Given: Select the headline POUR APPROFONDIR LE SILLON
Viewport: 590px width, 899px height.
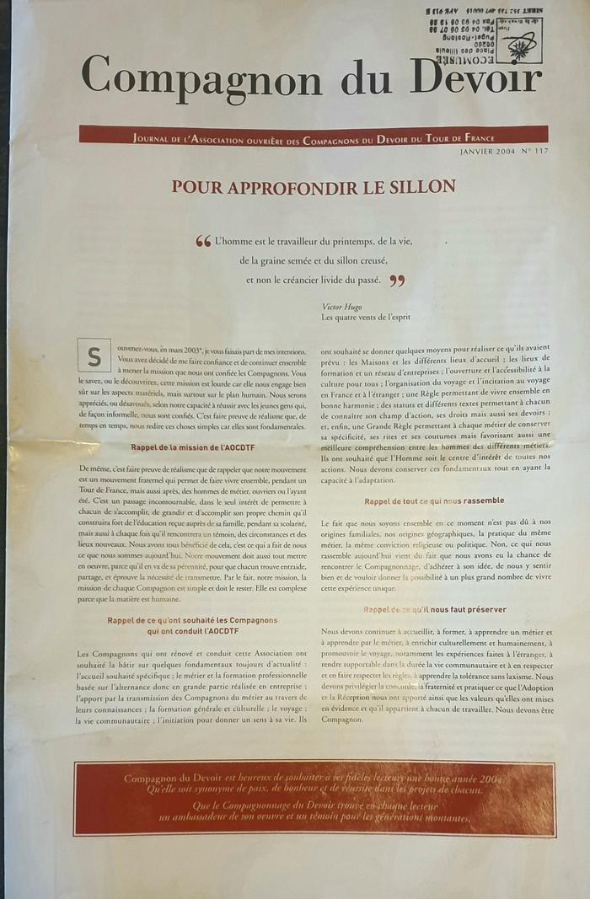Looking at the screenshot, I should (314, 186).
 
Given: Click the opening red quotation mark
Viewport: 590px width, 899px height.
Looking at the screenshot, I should (203, 242).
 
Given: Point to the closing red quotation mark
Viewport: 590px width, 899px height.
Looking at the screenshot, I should (397, 281).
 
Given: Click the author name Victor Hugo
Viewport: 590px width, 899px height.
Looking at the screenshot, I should (341, 307).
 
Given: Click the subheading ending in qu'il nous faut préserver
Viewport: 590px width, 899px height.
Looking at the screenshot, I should (434, 609).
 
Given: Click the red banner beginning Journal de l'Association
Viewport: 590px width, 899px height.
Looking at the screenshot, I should (313, 136).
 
